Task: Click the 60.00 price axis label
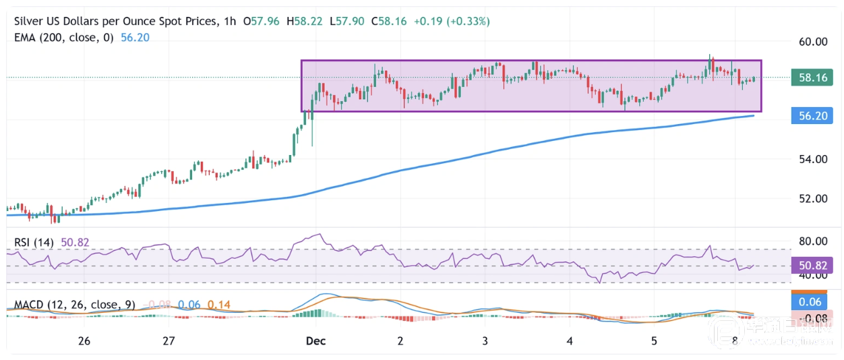click(813, 42)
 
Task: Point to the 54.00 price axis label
click(813, 160)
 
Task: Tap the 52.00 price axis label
click(813, 199)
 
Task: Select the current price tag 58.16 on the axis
click(813, 78)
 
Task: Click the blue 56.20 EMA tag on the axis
click(813, 116)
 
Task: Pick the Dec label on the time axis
click(315, 341)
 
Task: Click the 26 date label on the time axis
click(84, 341)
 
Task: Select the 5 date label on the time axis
click(654, 341)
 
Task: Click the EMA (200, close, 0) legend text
click(64, 38)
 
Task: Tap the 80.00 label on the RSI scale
click(813, 241)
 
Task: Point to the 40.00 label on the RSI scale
click(813, 275)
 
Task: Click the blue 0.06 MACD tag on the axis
click(813, 302)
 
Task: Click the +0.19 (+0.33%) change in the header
click(452, 22)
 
